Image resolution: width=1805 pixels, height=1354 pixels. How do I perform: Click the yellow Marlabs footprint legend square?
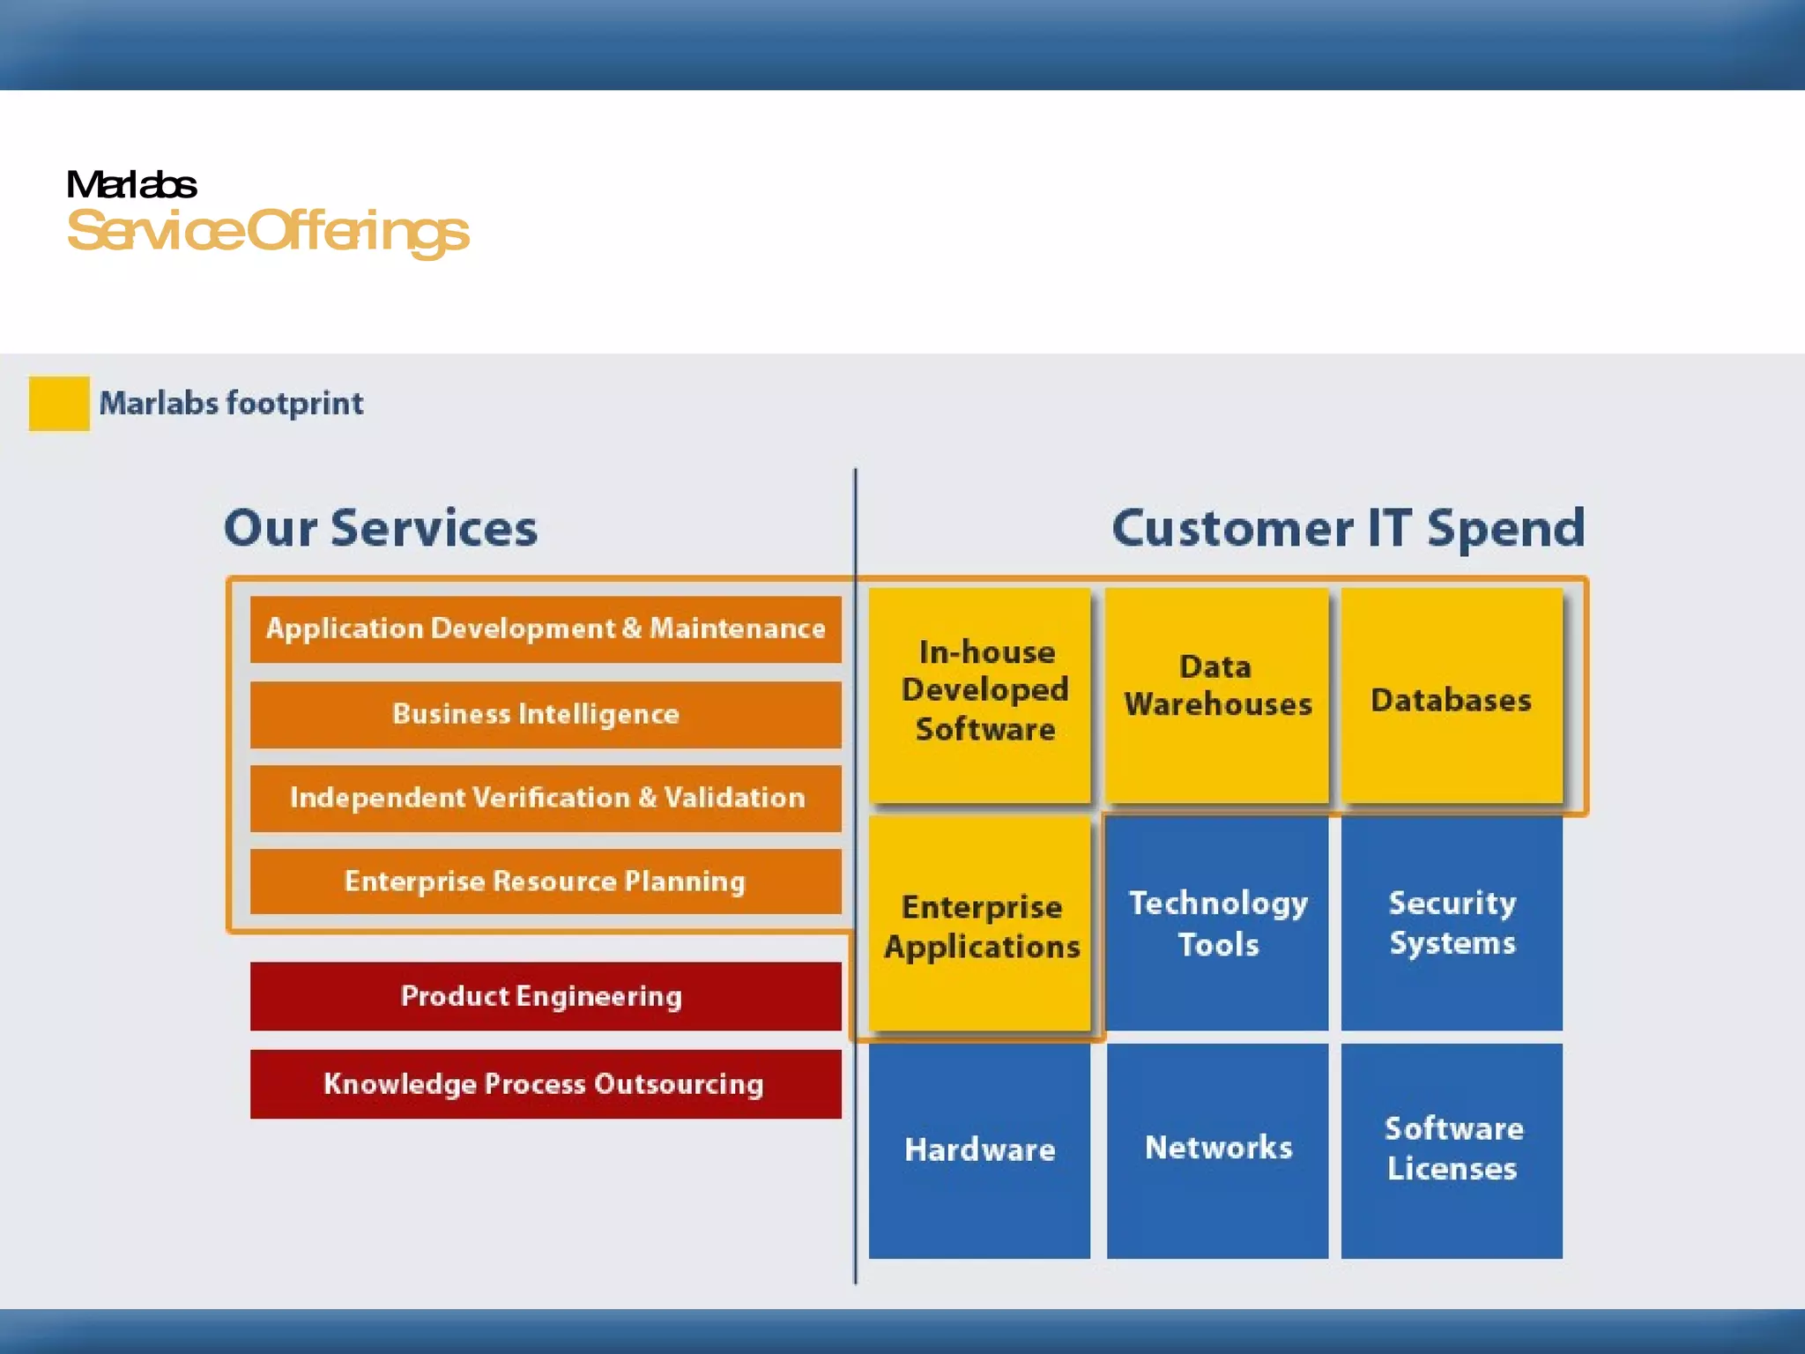coord(59,403)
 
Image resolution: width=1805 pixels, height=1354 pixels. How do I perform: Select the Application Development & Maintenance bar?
coord(546,629)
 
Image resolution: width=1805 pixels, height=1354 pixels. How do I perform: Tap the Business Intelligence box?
coord(546,714)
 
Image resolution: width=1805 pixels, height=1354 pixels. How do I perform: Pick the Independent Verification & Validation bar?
coord(546,798)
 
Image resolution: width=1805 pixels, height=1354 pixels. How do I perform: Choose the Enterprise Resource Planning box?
coord(546,882)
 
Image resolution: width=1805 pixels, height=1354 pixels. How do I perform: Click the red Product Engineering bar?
coord(546,996)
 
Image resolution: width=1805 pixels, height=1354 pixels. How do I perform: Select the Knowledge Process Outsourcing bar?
coord(546,1083)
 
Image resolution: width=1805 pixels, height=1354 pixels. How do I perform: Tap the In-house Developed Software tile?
coord(980,695)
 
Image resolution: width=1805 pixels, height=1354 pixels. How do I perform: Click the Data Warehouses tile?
coord(1217,695)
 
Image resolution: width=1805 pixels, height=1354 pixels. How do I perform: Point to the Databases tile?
coord(1452,695)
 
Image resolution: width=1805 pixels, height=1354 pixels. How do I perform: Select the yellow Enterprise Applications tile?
coord(980,923)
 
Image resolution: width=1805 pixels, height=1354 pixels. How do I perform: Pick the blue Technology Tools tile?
coord(1217,923)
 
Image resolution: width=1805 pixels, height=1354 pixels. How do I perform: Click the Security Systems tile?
coord(1452,923)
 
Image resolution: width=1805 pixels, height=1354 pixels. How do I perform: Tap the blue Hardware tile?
coord(980,1150)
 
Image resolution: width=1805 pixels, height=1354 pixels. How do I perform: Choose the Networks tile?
coord(1217,1150)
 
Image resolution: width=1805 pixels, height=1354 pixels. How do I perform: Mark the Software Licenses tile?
coord(1452,1150)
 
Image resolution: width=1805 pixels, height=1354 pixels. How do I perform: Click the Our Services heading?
coord(381,528)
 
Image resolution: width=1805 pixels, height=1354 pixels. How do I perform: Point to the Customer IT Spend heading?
coord(1348,528)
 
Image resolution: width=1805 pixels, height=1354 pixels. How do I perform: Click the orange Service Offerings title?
coord(268,231)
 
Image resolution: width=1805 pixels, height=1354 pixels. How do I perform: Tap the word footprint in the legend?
coord(294,404)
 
